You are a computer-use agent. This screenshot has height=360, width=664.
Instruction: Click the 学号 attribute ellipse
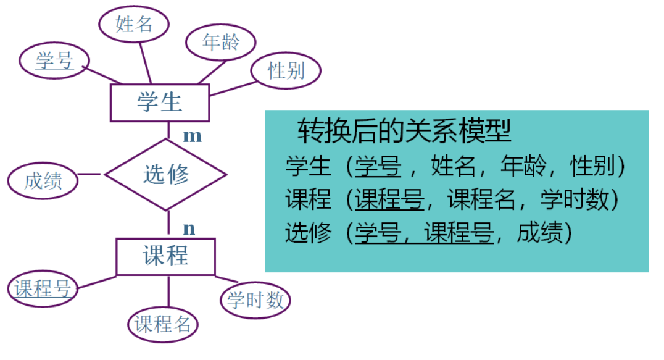point(54,60)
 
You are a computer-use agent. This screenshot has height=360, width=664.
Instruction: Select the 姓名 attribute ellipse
point(134,25)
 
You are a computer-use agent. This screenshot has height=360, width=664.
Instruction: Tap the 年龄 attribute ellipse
point(220,43)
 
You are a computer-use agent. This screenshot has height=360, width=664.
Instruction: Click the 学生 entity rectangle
point(160,102)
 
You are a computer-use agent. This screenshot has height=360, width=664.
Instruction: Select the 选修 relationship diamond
point(166,175)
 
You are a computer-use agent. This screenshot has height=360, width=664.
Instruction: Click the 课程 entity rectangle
point(166,256)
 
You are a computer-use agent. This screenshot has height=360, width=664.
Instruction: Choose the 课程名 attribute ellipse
point(163,324)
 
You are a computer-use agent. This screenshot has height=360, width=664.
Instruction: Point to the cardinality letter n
point(189,228)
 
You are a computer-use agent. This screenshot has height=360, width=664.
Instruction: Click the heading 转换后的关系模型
point(404,130)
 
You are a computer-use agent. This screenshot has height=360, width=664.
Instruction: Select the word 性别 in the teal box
point(593,167)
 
